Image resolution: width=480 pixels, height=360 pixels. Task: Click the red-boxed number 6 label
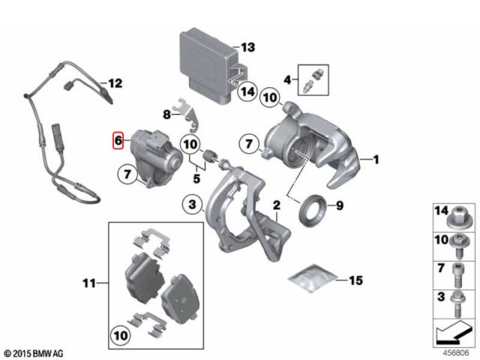click(117, 140)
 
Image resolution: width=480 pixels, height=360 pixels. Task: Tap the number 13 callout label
click(248, 47)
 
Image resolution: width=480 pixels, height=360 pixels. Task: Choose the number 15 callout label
click(355, 280)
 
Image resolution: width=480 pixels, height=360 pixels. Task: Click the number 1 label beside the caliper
click(376, 160)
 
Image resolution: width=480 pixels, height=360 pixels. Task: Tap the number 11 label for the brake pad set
click(88, 283)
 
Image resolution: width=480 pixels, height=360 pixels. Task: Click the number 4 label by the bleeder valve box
click(286, 79)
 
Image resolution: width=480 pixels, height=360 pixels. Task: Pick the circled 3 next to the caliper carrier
click(192, 204)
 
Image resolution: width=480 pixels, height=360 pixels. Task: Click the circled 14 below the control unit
click(247, 92)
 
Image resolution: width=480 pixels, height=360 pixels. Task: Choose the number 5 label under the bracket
click(197, 179)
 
